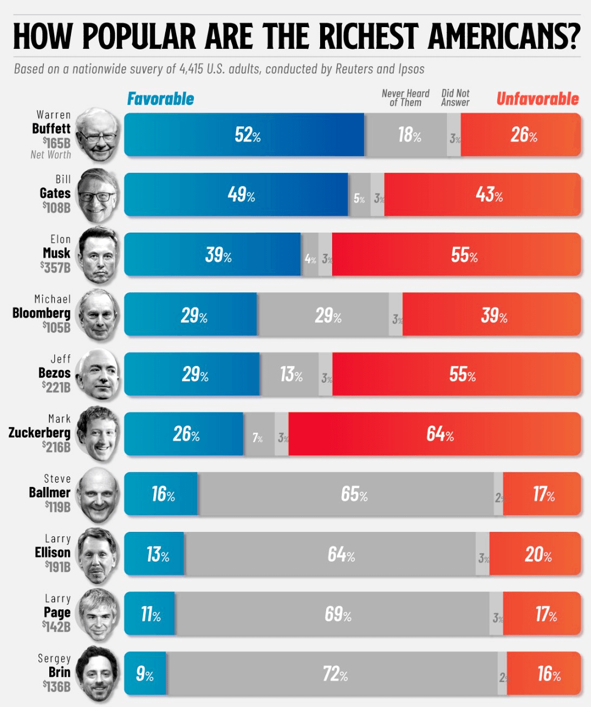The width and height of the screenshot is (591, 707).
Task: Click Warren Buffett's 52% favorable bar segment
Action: tap(244, 135)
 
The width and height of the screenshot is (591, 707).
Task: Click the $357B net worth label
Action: tap(55, 267)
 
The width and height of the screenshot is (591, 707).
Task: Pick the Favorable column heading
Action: tap(160, 99)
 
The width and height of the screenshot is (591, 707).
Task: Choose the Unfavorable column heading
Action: tap(537, 99)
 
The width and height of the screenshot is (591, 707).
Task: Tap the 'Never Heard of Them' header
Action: tap(405, 98)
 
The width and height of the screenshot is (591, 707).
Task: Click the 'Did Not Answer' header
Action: tap(455, 98)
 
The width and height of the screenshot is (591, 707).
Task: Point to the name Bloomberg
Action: tap(41, 313)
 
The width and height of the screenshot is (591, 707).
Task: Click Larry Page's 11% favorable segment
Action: tap(150, 614)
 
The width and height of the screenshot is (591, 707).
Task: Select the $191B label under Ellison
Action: tap(57, 567)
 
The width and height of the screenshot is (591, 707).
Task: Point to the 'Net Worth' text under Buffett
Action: tap(50, 155)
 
